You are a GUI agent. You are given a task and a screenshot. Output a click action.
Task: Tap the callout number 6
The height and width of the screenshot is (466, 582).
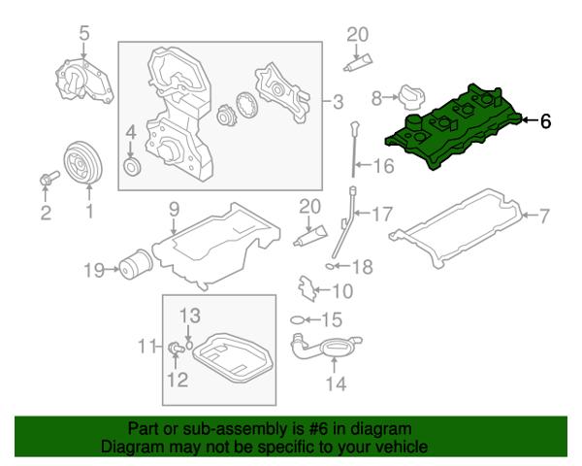pyautogui.click(x=545, y=122)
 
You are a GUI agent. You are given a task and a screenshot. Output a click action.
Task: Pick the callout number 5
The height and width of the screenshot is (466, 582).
pyautogui.click(x=83, y=34)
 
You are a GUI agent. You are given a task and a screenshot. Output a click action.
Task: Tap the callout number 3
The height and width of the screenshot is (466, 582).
pyautogui.click(x=338, y=101)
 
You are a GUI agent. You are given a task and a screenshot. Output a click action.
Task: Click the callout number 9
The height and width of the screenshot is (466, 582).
pyautogui.click(x=175, y=208)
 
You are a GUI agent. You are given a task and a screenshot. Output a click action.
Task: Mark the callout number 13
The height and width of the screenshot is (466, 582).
pyautogui.click(x=190, y=315)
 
